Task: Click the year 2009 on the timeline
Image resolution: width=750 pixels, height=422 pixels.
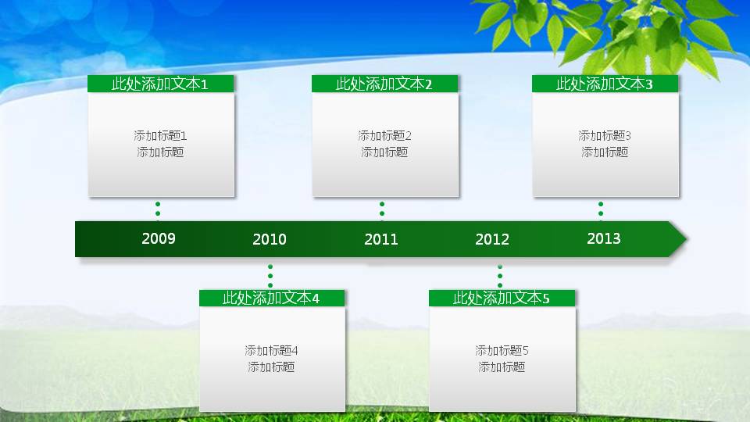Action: click(159, 238)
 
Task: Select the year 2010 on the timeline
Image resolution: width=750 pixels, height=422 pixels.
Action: click(270, 239)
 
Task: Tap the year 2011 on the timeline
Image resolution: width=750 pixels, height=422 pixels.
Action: click(381, 239)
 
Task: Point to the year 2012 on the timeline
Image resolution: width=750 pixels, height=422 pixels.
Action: click(492, 239)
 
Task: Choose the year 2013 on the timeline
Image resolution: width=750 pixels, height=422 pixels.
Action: click(604, 238)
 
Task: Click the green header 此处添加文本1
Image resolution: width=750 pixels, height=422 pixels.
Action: click(161, 84)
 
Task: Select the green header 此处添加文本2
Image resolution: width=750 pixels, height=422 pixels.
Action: click(385, 84)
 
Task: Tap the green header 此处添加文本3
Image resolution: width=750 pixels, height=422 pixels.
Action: click(605, 84)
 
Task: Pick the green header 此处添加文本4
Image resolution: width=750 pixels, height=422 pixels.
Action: click(272, 298)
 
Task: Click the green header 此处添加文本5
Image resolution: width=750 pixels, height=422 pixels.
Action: click(502, 298)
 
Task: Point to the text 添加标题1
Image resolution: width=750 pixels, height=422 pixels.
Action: click(161, 136)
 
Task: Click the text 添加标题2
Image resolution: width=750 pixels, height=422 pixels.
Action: click(385, 136)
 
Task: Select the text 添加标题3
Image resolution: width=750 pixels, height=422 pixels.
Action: click(605, 136)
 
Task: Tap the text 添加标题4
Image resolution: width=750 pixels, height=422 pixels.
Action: click(272, 350)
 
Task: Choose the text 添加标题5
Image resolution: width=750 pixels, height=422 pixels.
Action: click(502, 350)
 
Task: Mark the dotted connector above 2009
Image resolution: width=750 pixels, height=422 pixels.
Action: click(158, 209)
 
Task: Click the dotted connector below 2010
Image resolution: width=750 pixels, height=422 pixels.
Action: click(270, 276)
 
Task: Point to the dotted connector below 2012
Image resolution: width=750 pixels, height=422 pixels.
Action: click(500, 276)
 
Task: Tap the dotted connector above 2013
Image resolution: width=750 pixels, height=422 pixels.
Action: click(601, 209)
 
